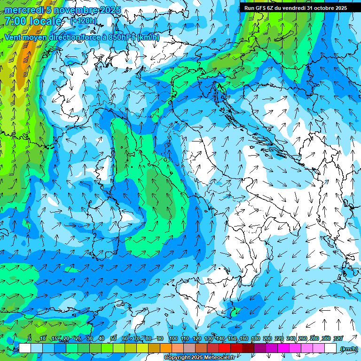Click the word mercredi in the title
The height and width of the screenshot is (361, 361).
[x=23, y=10]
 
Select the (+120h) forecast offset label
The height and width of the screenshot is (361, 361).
[x=84, y=21]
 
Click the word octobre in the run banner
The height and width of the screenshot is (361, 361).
[x=319, y=8]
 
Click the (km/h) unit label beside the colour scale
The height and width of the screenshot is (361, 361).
[x=348, y=348]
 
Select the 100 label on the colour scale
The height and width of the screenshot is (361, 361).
[x=173, y=339]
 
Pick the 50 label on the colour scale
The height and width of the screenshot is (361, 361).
[x=113, y=339]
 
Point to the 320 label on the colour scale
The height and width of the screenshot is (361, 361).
[x=337, y=339]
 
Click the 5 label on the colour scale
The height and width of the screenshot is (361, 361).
[x=30, y=339]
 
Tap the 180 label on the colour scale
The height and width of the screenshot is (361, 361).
[x=255, y=339]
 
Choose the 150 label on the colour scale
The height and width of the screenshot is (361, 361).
[x=232, y=339]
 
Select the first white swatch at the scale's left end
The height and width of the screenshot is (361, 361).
[x=25, y=348]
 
